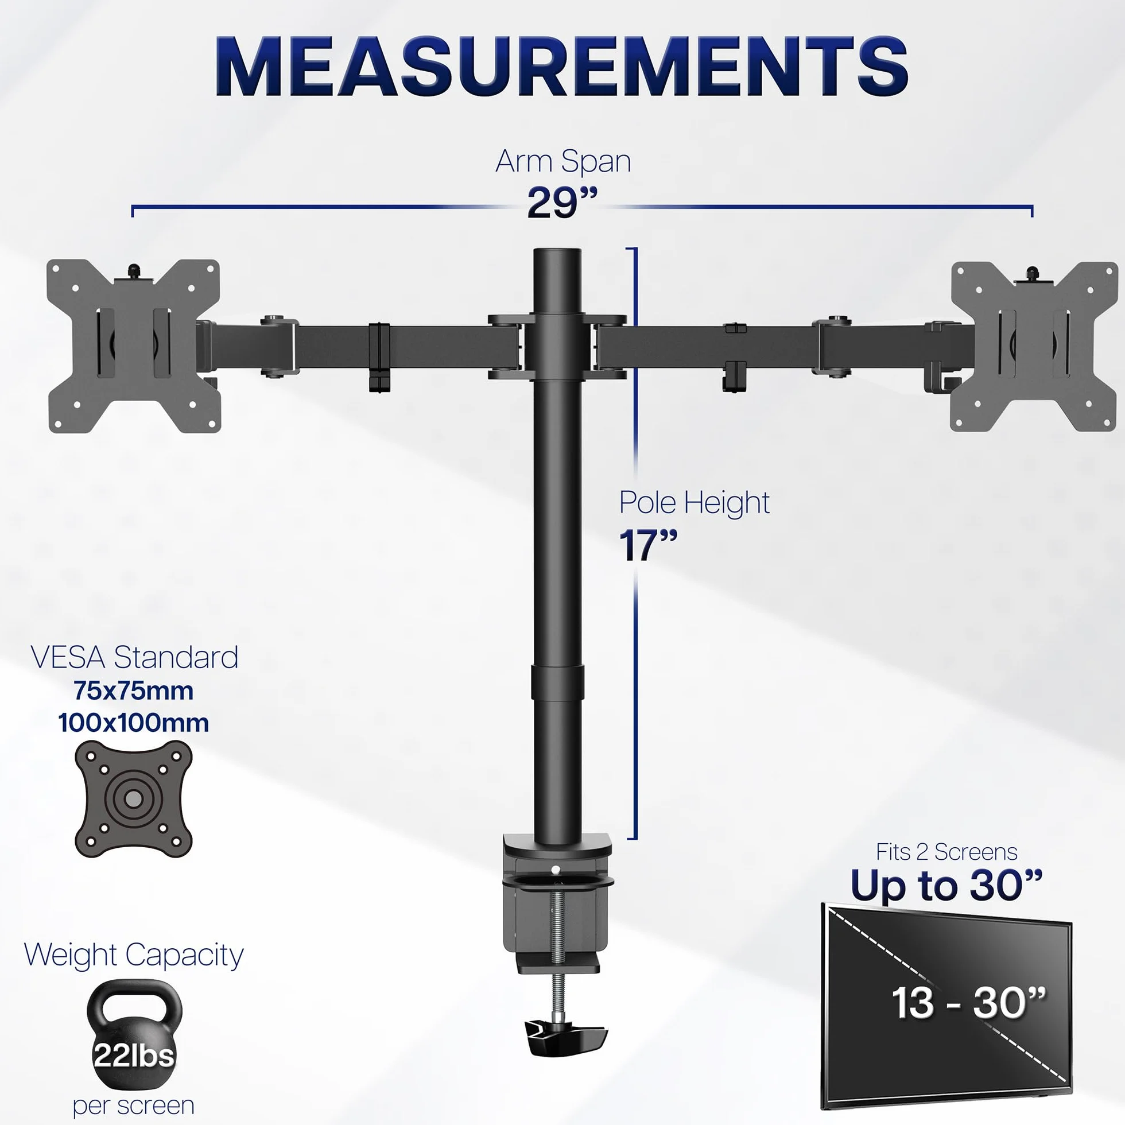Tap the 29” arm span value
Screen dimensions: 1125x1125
point(562,203)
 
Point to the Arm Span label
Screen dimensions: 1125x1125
point(563,162)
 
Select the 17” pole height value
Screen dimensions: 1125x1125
point(648,546)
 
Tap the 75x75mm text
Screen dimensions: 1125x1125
point(133,691)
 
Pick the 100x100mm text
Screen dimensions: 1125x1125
point(133,723)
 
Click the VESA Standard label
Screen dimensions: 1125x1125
point(134,658)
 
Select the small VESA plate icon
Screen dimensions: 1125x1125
point(133,799)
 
